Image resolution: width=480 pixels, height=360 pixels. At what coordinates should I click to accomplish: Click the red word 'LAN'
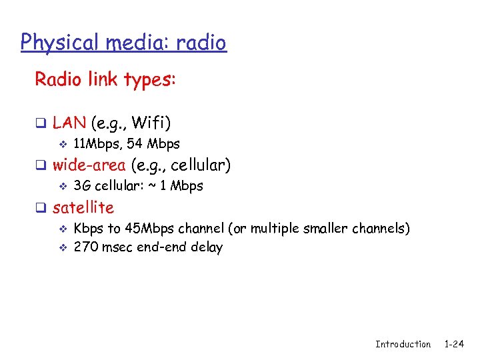point(69,123)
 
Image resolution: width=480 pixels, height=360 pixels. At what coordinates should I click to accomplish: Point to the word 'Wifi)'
point(151,123)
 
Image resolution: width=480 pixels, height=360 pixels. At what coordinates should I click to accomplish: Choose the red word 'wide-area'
point(89,165)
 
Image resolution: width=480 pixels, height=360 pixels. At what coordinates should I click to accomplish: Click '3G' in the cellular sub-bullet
point(82,186)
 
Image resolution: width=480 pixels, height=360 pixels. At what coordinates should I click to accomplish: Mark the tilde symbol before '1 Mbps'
point(153,186)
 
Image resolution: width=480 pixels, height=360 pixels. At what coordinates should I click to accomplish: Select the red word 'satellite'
point(83,207)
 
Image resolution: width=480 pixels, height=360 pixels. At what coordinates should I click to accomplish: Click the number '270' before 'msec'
point(85,247)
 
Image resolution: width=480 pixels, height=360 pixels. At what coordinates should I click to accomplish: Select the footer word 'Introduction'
point(403,344)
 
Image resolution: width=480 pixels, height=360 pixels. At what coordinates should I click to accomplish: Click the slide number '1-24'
point(453,344)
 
